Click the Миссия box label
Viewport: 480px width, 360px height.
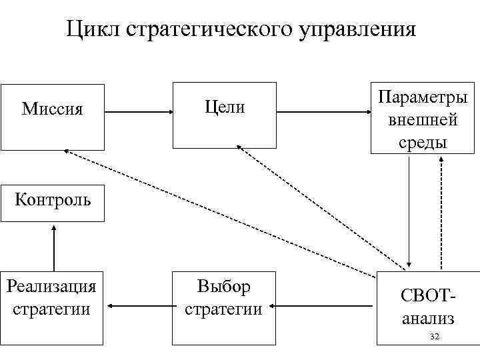53,109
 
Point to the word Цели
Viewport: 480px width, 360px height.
225,107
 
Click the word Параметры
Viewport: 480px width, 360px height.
423,97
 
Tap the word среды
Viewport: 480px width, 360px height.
423,142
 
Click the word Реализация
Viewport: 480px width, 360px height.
51,287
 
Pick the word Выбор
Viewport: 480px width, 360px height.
224,287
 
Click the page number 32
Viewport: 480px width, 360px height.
434,337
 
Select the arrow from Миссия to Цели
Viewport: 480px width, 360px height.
139,113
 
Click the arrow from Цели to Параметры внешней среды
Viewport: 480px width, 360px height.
323,112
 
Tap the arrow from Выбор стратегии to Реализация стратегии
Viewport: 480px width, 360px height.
138,306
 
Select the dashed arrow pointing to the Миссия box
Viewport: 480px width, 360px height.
220,213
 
